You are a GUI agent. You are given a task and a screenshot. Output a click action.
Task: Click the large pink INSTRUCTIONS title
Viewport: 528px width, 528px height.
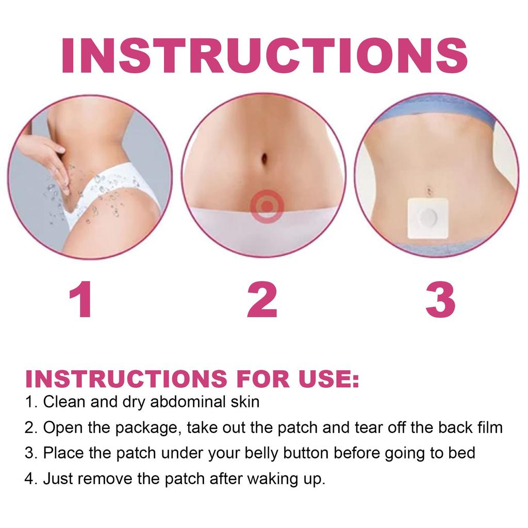[x=264, y=55]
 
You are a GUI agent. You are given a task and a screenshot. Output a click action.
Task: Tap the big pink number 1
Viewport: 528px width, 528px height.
[x=81, y=300]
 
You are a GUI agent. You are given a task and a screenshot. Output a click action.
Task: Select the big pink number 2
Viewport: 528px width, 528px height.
[x=262, y=300]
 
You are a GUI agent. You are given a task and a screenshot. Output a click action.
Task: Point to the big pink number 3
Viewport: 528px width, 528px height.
[x=440, y=300]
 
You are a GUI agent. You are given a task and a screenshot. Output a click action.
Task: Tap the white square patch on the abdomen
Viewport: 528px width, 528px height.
[x=426, y=219]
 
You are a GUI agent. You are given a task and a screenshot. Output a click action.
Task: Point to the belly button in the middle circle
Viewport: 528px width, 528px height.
[x=265, y=157]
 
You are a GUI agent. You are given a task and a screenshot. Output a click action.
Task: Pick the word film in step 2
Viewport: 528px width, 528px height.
[x=489, y=427]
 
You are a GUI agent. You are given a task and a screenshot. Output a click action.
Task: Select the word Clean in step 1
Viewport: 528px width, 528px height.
[x=64, y=402]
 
